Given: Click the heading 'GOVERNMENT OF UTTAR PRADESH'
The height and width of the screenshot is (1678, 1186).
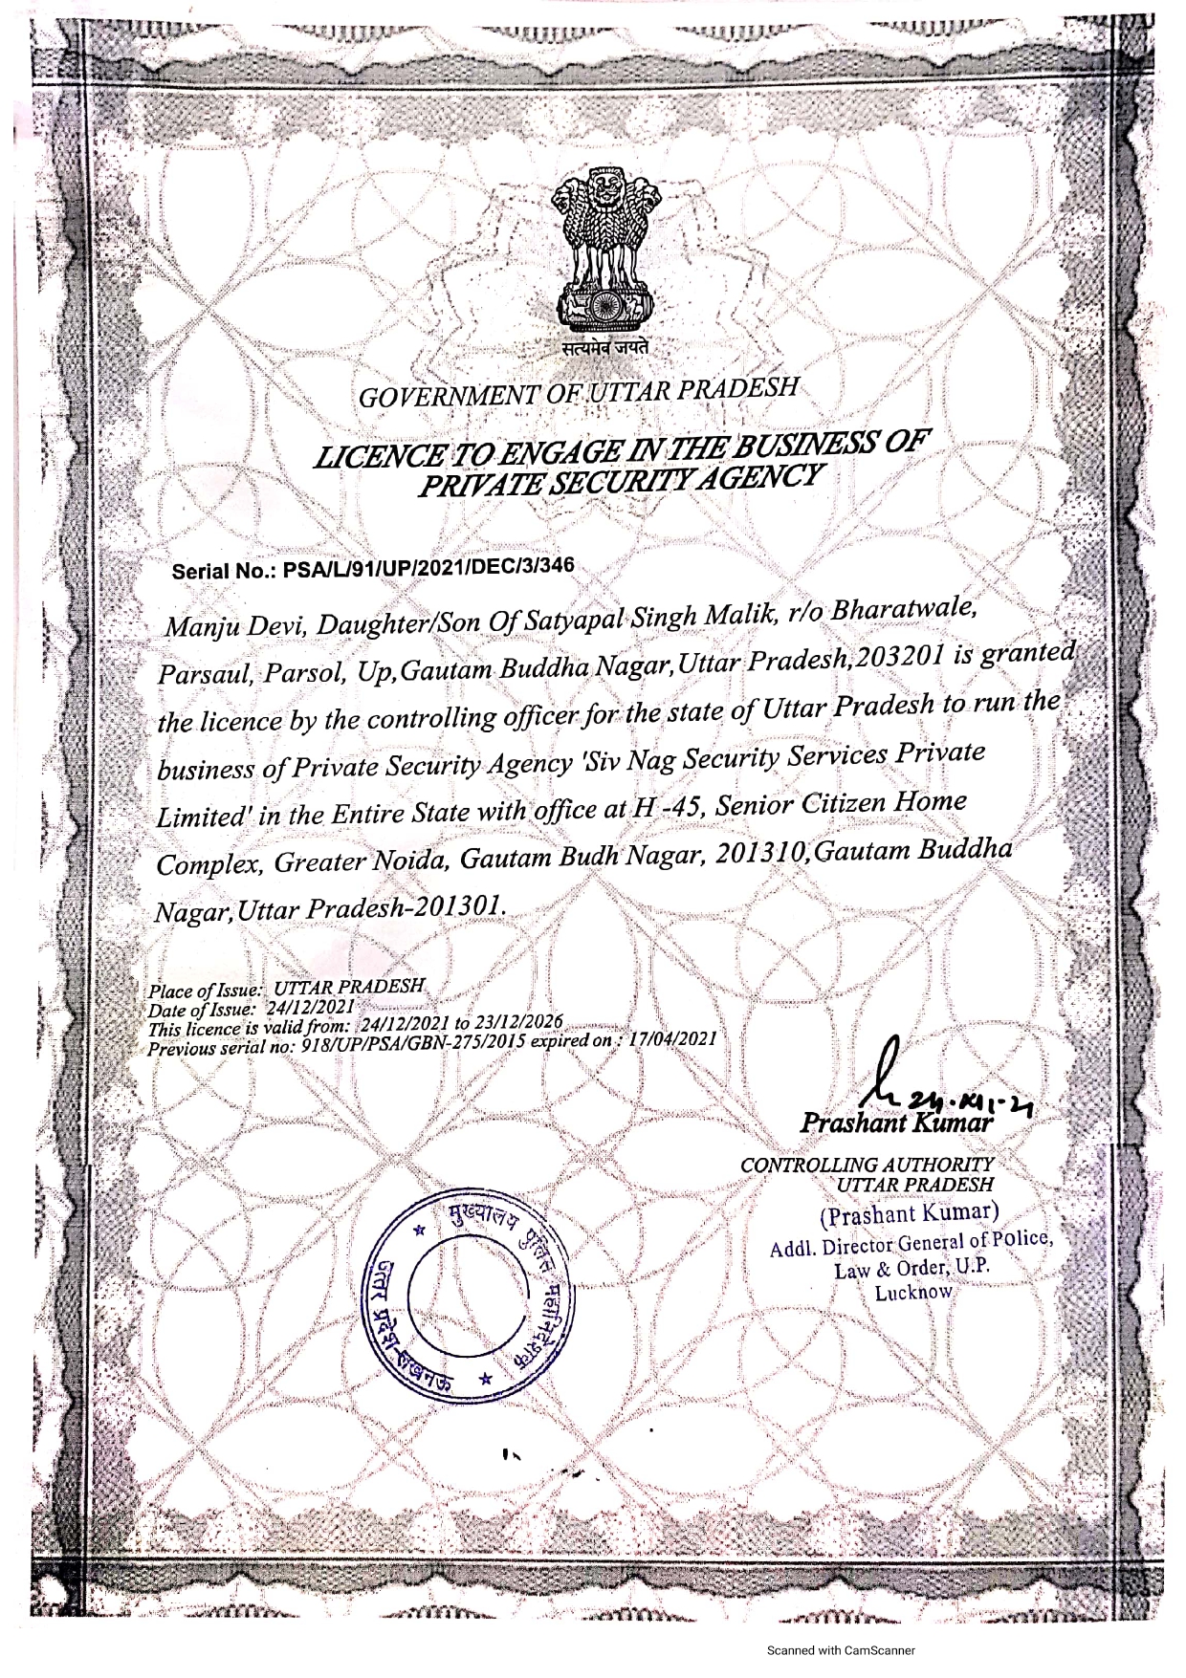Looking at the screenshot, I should (578, 392).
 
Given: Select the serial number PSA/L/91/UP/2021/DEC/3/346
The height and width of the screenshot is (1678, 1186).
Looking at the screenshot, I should (426, 568).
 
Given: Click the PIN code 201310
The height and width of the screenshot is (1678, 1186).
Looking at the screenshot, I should (761, 851).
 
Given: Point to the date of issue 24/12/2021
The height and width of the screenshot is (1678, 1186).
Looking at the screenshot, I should (311, 1007).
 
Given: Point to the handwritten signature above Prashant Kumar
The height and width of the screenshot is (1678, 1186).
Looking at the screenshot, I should (894, 1078).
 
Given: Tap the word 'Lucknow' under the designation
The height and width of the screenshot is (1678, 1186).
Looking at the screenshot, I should (914, 1293).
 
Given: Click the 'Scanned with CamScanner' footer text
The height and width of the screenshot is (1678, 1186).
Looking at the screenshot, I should (842, 1649).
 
